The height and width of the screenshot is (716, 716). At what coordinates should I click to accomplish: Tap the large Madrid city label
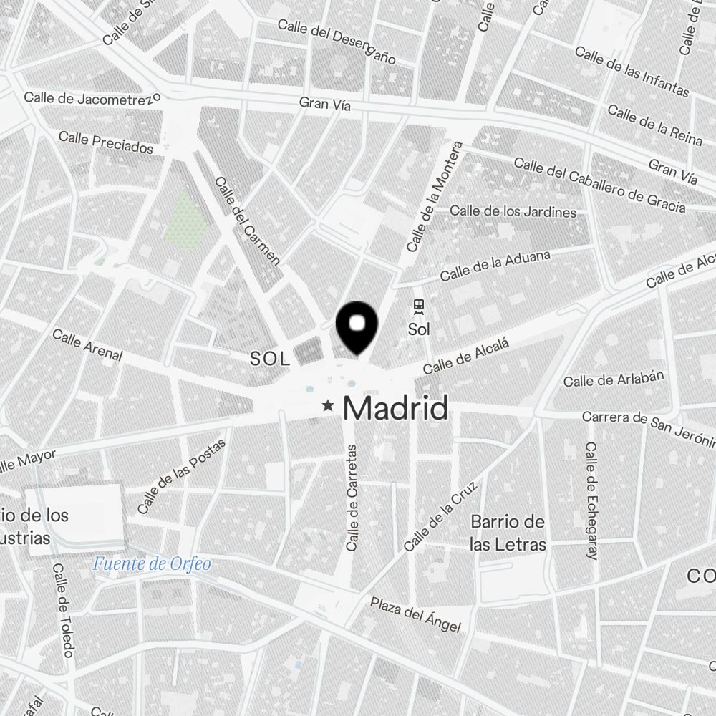(396, 408)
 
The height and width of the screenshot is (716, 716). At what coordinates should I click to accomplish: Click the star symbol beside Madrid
(329, 407)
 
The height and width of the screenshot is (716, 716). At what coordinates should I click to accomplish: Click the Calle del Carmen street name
(247, 221)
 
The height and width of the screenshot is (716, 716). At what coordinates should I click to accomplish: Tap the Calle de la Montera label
(435, 197)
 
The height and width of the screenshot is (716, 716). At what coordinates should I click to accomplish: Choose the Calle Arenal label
(87, 344)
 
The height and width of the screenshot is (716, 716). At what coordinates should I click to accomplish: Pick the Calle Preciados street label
(106, 142)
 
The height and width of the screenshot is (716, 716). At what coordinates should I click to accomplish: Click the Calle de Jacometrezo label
(92, 98)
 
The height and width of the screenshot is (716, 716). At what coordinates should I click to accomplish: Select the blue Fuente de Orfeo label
(152, 564)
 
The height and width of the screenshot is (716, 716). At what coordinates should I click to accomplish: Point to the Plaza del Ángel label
(416, 614)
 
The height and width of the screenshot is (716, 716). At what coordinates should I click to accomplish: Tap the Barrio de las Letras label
(508, 533)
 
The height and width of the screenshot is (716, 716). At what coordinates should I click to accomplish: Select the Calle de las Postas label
(181, 475)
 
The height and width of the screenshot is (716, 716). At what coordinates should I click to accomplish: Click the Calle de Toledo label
(63, 609)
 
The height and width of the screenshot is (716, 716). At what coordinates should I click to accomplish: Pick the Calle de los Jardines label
(513, 211)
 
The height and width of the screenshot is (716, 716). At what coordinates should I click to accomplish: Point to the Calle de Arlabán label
(614, 379)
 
